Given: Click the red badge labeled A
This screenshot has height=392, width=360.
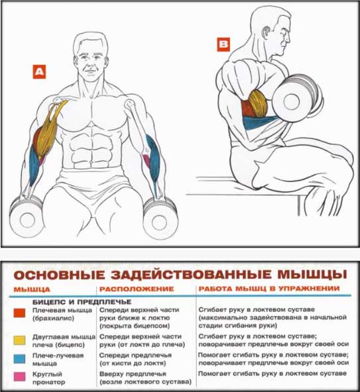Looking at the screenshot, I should (x=39, y=72).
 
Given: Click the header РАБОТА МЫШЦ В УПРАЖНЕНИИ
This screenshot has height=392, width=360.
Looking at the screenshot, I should (x=269, y=289).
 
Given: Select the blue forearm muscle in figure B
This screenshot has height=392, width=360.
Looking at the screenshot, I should (x=259, y=121).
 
